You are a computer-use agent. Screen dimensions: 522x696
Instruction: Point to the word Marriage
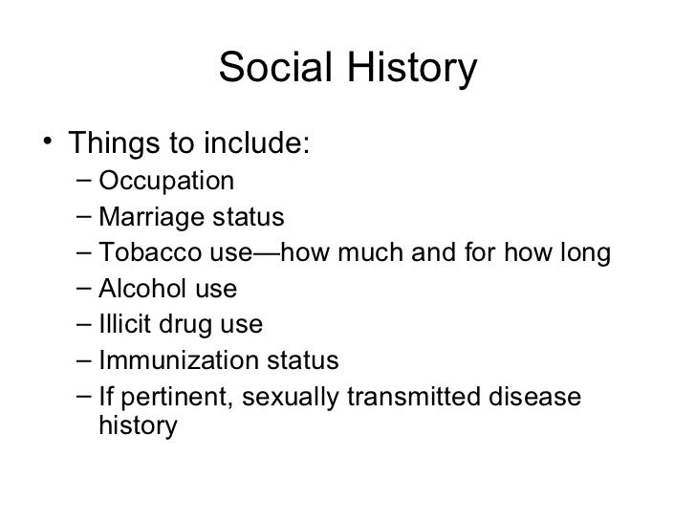pyautogui.click(x=141, y=217)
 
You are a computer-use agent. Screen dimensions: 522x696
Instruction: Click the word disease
pyautogui.click(x=535, y=398)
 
